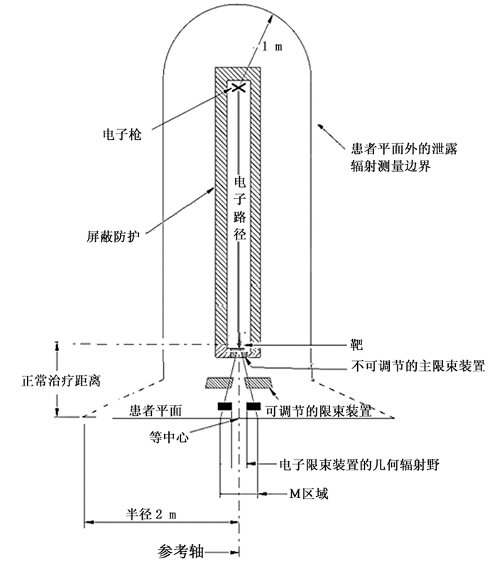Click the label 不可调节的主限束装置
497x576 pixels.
click(418, 366)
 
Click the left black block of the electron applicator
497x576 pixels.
click(224, 406)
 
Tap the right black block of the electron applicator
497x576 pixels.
click(254, 406)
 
